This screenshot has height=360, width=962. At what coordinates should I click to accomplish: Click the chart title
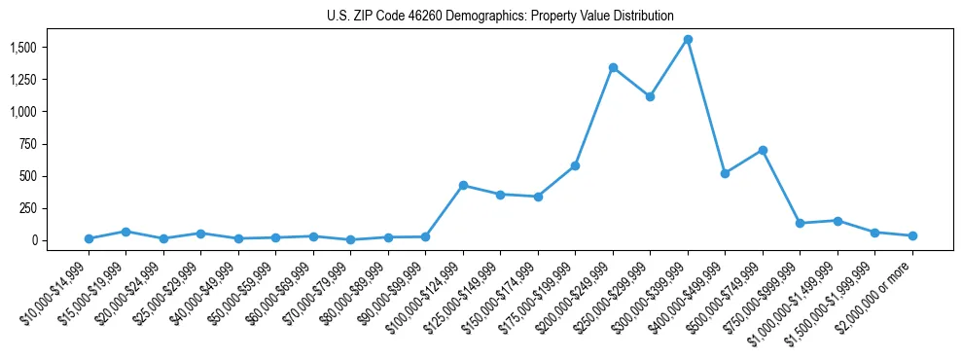click(x=499, y=16)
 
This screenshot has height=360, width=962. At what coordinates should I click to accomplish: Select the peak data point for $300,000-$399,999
click(x=688, y=40)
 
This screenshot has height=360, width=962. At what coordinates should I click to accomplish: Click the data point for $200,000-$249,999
click(x=613, y=68)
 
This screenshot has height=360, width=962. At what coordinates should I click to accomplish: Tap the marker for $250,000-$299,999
click(x=650, y=96)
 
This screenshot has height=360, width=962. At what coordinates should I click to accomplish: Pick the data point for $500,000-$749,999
click(x=763, y=150)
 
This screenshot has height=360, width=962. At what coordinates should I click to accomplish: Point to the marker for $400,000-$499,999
click(x=725, y=173)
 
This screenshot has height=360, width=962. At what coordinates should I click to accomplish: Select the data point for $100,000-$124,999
click(x=463, y=185)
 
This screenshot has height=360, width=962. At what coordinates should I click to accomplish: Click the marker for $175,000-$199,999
click(x=575, y=165)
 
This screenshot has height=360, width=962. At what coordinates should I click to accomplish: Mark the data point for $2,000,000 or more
click(x=912, y=235)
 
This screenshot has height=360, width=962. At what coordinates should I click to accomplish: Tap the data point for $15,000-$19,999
click(x=125, y=232)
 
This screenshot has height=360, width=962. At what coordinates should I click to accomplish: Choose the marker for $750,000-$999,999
click(x=800, y=223)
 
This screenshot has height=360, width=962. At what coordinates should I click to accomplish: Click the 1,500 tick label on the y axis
click(x=22, y=48)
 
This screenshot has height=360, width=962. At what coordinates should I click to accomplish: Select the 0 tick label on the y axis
click(x=33, y=240)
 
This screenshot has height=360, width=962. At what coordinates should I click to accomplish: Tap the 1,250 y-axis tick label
click(x=22, y=80)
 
